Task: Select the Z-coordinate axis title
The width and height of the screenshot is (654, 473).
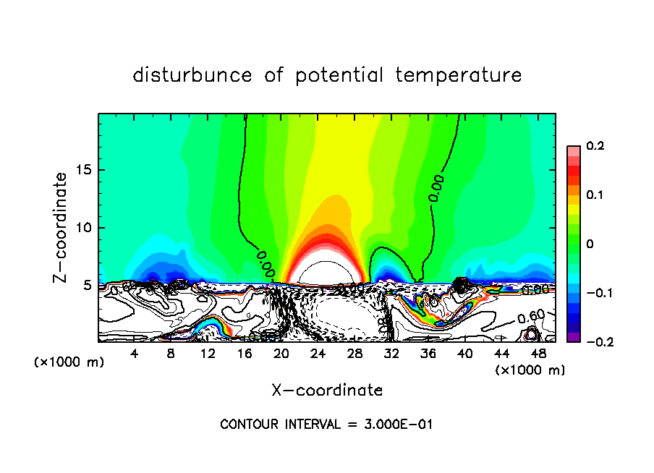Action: point(61,227)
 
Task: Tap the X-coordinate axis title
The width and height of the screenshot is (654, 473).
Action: point(327,391)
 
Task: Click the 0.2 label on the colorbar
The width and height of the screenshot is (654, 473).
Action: point(595,146)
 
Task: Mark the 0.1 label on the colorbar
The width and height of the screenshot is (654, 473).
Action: point(595,195)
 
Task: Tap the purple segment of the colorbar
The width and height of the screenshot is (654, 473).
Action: point(573,336)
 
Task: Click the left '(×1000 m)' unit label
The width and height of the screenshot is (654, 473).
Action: point(69,362)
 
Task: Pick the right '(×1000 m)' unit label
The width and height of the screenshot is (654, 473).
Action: point(530,370)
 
